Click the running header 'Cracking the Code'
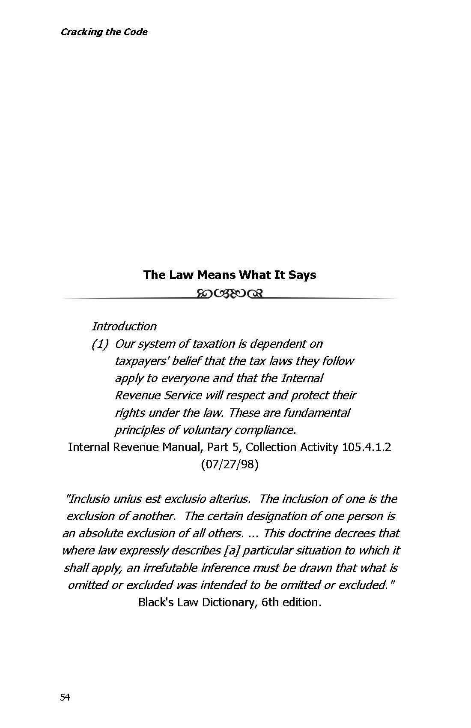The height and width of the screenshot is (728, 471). click(104, 32)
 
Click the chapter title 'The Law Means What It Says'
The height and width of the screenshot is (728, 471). click(230, 275)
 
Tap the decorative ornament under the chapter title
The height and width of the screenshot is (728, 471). click(230, 294)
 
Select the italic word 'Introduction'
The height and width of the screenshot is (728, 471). click(124, 326)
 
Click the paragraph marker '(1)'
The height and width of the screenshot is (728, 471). click(99, 344)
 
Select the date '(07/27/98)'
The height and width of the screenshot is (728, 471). click(230, 464)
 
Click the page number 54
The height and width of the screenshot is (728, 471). click(65, 698)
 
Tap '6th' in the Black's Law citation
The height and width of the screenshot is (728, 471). click(270, 602)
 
